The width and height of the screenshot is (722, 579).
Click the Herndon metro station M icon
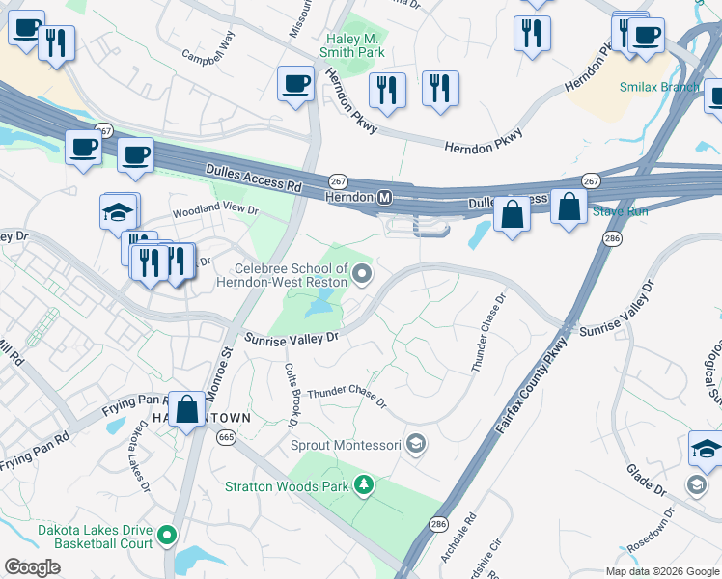385,197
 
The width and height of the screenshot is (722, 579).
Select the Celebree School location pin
362,275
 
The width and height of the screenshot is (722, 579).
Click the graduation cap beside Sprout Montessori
416,445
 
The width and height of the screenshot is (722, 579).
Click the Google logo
32,567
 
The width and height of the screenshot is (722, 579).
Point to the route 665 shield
227,438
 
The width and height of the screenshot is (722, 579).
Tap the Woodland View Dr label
215,209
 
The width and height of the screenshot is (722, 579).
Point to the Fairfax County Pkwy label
530,392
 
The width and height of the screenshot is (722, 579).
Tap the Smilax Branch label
659,88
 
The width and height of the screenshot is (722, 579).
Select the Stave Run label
620,210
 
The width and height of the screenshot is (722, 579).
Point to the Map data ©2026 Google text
661,570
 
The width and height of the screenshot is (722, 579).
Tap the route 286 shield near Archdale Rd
438,524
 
